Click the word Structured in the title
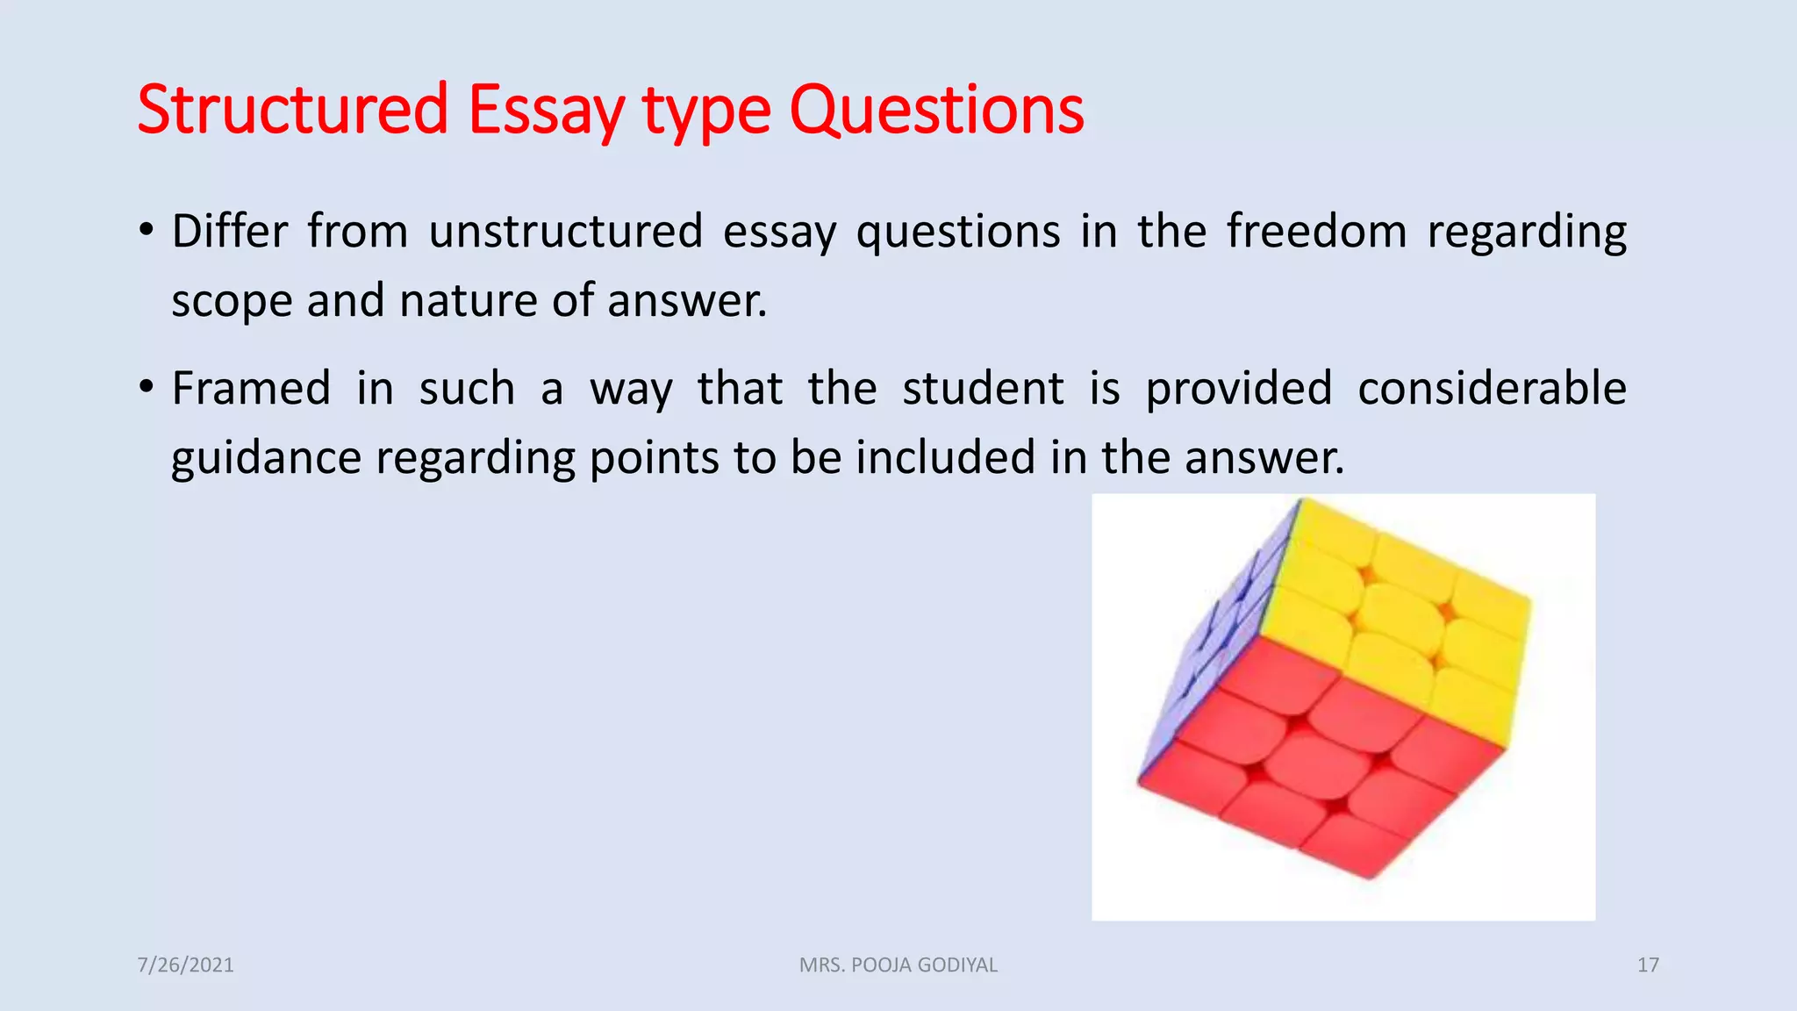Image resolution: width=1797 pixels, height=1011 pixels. pyautogui.click(x=293, y=111)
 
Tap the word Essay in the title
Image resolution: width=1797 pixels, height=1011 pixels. pyautogui.click(x=546, y=111)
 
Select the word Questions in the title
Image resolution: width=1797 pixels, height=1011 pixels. pyautogui.click(x=936, y=111)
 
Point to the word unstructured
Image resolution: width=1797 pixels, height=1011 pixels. pyautogui.click(x=566, y=232)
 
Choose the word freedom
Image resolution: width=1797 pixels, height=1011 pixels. pyautogui.click(x=1316, y=232)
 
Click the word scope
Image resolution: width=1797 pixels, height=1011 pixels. pyautogui.click(x=231, y=302)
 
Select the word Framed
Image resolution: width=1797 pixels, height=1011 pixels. pyautogui.click(x=251, y=389)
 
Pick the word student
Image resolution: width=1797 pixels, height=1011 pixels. pyautogui.click(x=983, y=389)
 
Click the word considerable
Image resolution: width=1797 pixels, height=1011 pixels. pyautogui.click(x=1492, y=389)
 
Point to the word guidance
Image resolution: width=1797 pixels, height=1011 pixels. pyautogui.click(x=266, y=459)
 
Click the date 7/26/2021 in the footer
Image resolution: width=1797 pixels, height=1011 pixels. pyautogui.click(x=185, y=965)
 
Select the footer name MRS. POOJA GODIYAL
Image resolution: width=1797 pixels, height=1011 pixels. pyautogui.click(x=898, y=965)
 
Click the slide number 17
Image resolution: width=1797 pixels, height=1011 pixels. pyautogui.click(x=1648, y=965)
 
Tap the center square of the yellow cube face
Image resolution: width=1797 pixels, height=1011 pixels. pyautogui.click(x=1399, y=620)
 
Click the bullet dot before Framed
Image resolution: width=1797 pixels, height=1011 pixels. pyautogui.click(x=147, y=387)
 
